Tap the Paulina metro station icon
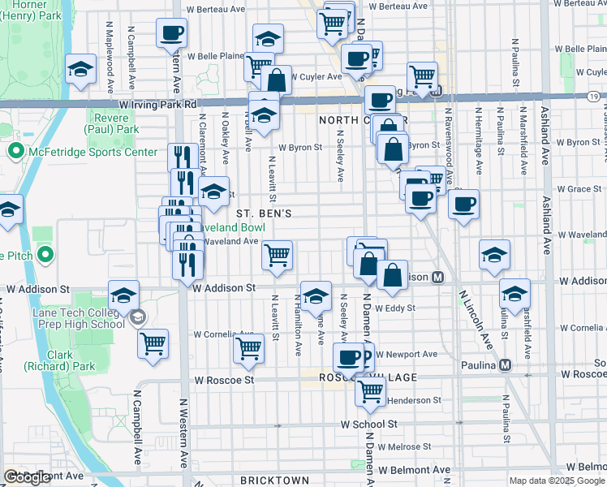click(x=506, y=364)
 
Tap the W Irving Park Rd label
click(x=157, y=105)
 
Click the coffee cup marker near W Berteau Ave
click(x=172, y=33)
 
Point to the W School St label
click(x=368, y=424)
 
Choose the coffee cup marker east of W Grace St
click(x=463, y=204)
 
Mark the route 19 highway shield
click(x=595, y=97)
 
